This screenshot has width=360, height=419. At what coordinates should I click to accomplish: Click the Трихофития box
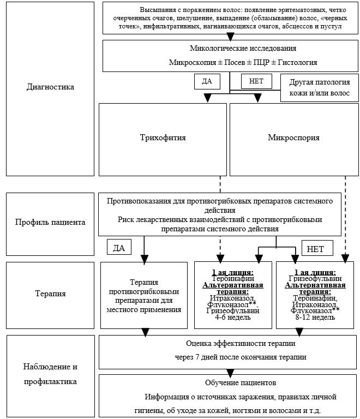click(x=163, y=140)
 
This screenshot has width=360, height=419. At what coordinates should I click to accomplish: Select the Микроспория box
click(x=294, y=140)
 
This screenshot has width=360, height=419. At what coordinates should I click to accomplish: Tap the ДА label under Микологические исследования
click(x=207, y=81)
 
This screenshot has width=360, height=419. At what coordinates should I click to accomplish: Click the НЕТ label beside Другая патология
click(x=256, y=81)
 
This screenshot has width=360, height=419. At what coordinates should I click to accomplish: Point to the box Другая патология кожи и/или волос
click(x=320, y=88)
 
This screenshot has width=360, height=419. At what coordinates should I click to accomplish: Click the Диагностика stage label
click(x=50, y=87)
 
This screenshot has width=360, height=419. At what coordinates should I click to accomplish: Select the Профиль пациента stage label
click(x=50, y=222)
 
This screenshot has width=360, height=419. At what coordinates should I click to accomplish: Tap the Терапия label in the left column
click(x=50, y=294)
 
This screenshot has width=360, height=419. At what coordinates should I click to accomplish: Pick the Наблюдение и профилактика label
click(x=50, y=374)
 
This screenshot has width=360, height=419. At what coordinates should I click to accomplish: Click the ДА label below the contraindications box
click(x=119, y=247)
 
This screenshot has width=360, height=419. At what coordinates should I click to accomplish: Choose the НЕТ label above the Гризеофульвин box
click(x=317, y=248)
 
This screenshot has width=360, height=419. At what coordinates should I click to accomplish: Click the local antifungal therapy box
click(x=144, y=295)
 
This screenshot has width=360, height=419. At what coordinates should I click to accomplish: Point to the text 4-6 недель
click(x=232, y=318)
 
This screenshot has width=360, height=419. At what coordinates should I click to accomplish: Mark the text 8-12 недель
click(x=315, y=318)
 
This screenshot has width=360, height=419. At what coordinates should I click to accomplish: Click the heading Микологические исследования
click(x=243, y=49)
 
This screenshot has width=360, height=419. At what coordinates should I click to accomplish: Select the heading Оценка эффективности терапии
click(x=241, y=343)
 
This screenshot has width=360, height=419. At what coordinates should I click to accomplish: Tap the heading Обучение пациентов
click(x=241, y=382)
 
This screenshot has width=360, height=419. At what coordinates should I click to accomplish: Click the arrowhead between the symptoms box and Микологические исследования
click(x=230, y=37)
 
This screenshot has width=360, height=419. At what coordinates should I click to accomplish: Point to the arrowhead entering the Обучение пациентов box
click(x=230, y=373)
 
